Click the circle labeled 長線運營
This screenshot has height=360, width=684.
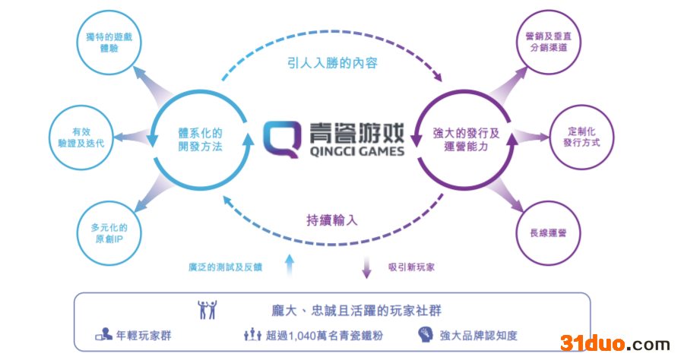tap(549, 232)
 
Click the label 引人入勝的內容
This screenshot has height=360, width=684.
tap(332, 64)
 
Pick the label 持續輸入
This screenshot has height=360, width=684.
tap(331, 220)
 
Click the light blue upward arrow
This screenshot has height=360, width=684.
tap(289, 264)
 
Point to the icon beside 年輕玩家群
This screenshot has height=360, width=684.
tap(104, 334)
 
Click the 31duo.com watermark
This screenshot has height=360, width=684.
tap(615, 343)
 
